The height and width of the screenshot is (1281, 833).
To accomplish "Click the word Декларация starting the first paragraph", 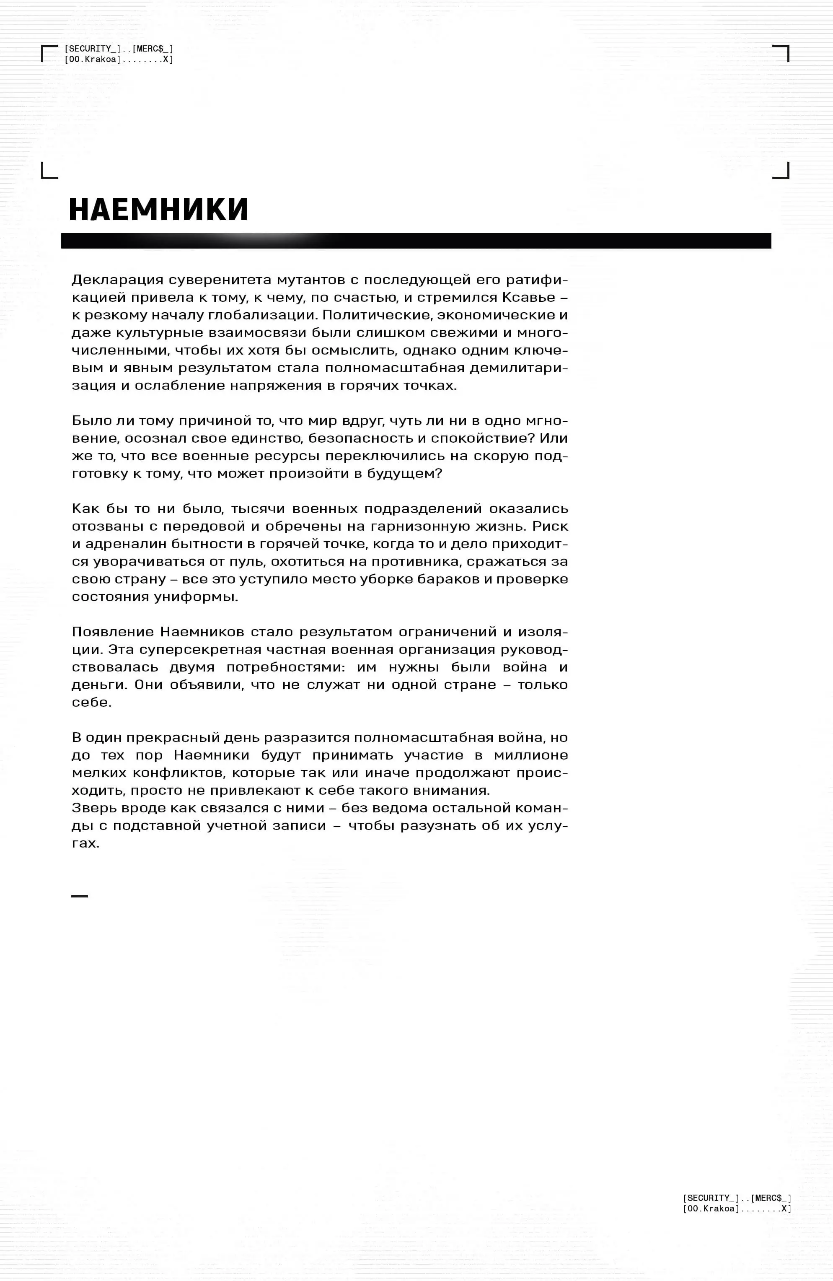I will pos(117,280).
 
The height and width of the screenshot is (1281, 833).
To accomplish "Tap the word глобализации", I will pos(263,315).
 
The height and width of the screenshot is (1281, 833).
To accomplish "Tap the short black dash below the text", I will pos(80,896).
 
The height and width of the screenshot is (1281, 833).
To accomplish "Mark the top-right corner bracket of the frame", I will pos(782,53).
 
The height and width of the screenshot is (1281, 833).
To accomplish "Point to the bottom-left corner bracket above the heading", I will pos(49,171).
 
